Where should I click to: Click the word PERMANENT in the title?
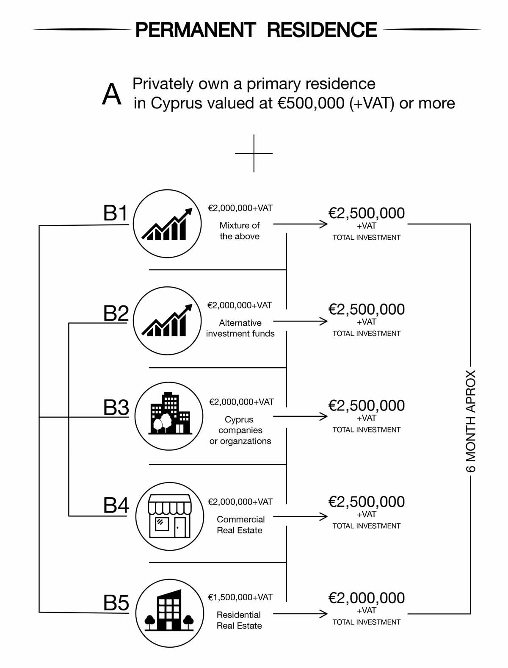pyautogui.click(x=196, y=30)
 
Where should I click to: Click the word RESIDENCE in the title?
pyautogui.click(x=322, y=30)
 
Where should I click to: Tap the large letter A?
pyautogui.click(x=112, y=95)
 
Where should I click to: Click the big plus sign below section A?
pyautogui.click(x=254, y=153)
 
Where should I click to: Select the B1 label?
pyautogui.click(x=116, y=213)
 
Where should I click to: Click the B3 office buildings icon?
pyautogui.click(x=169, y=416)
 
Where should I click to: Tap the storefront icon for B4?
pyautogui.click(x=169, y=516)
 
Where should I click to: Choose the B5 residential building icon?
pyautogui.click(x=169, y=613)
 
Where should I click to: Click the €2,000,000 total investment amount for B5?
pyautogui.click(x=367, y=598)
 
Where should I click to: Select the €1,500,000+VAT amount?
pyautogui.click(x=240, y=597)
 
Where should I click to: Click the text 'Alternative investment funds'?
pyautogui.click(x=240, y=328)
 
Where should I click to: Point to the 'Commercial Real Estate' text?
pyautogui.click(x=240, y=525)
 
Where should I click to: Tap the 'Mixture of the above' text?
pyautogui.click(x=240, y=231)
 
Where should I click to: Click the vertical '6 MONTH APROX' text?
pyautogui.click(x=471, y=421)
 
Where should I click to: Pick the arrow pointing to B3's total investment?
pyautogui.click(x=301, y=417)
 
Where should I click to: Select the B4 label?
pyautogui.click(x=116, y=505)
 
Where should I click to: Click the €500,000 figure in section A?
pyautogui.click(x=311, y=103)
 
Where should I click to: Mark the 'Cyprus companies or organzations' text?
pyautogui.click(x=240, y=430)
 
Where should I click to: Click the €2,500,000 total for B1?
pyautogui.click(x=367, y=213)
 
